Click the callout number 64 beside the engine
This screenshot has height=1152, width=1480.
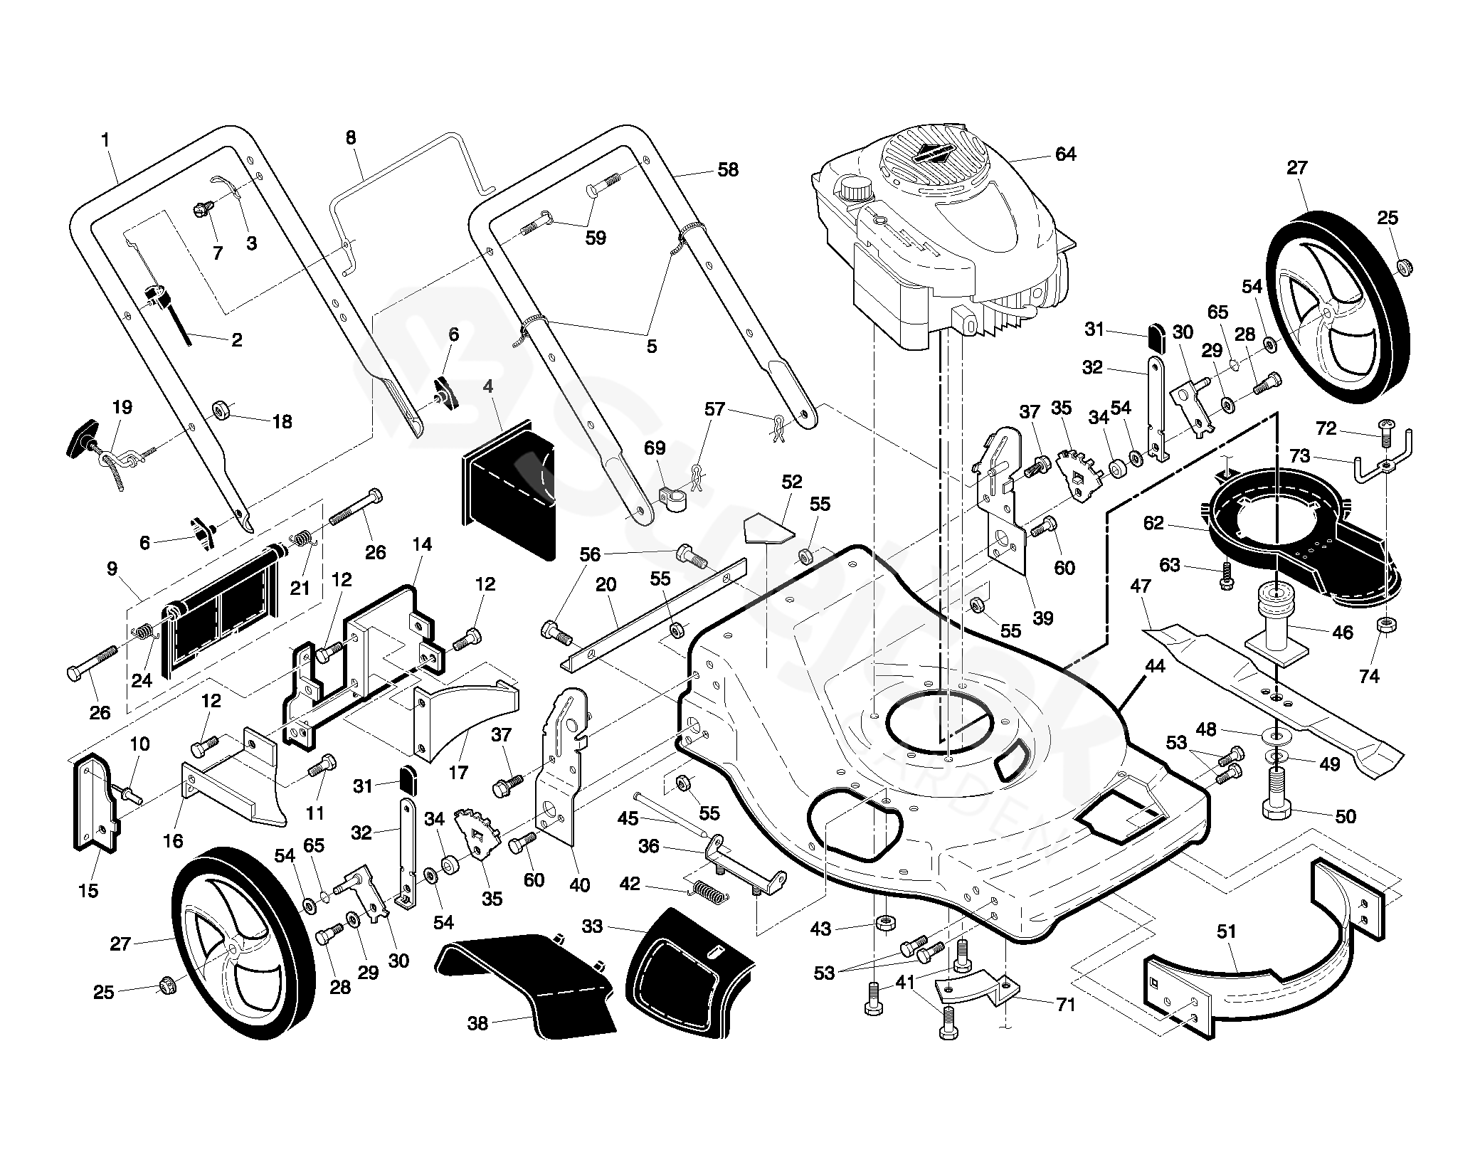1065,154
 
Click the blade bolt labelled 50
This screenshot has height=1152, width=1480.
1279,800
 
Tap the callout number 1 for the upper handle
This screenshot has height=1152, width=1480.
106,139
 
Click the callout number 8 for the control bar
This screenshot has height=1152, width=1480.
351,137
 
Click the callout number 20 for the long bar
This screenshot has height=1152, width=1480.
606,585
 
